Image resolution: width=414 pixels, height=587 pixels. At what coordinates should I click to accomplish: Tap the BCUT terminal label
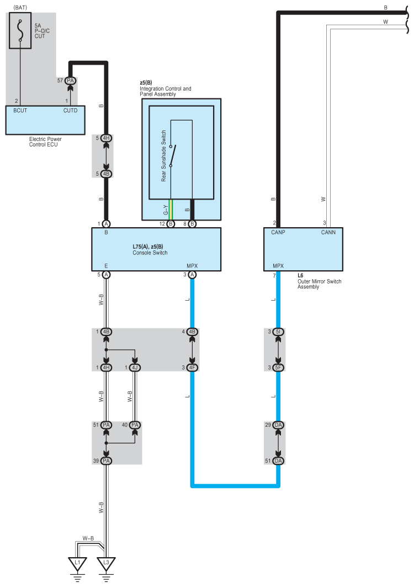coord(20,111)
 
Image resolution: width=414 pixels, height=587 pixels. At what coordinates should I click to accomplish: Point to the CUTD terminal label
coord(70,111)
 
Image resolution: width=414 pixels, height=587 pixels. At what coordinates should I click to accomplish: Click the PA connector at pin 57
coord(70,81)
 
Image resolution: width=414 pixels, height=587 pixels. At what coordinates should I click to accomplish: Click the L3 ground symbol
coord(106,564)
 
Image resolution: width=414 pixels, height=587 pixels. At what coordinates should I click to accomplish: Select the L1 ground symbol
coord(78,564)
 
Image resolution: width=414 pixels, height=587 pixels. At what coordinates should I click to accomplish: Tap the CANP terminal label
coord(277,233)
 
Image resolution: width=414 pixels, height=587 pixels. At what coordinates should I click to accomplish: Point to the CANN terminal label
coord(328,233)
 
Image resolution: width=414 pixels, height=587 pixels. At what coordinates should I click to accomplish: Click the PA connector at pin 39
coord(106,460)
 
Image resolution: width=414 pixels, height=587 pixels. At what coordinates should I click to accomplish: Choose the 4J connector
coord(135,368)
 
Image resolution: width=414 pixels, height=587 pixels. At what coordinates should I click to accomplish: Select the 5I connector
coord(278,332)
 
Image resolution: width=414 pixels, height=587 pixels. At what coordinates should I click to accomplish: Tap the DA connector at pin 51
coord(278,460)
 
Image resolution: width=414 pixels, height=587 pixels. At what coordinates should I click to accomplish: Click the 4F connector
coord(192,368)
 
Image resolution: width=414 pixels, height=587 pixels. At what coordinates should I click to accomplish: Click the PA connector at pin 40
coord(135,424)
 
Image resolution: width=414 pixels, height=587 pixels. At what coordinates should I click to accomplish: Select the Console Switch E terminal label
coord(106,266)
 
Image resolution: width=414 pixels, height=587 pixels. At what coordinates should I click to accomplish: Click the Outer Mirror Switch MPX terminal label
coord(278,266)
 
